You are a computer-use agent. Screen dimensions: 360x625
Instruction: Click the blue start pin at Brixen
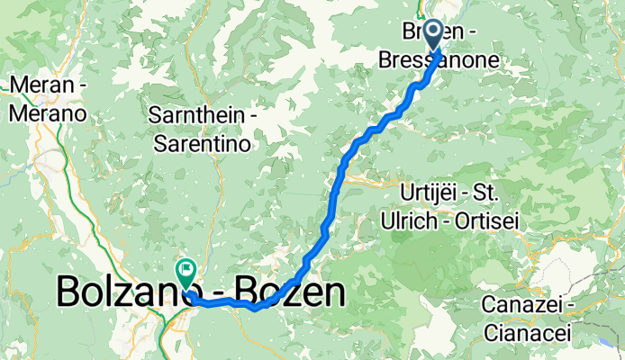(433, 35)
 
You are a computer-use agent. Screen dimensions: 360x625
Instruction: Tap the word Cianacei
(527, 331)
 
